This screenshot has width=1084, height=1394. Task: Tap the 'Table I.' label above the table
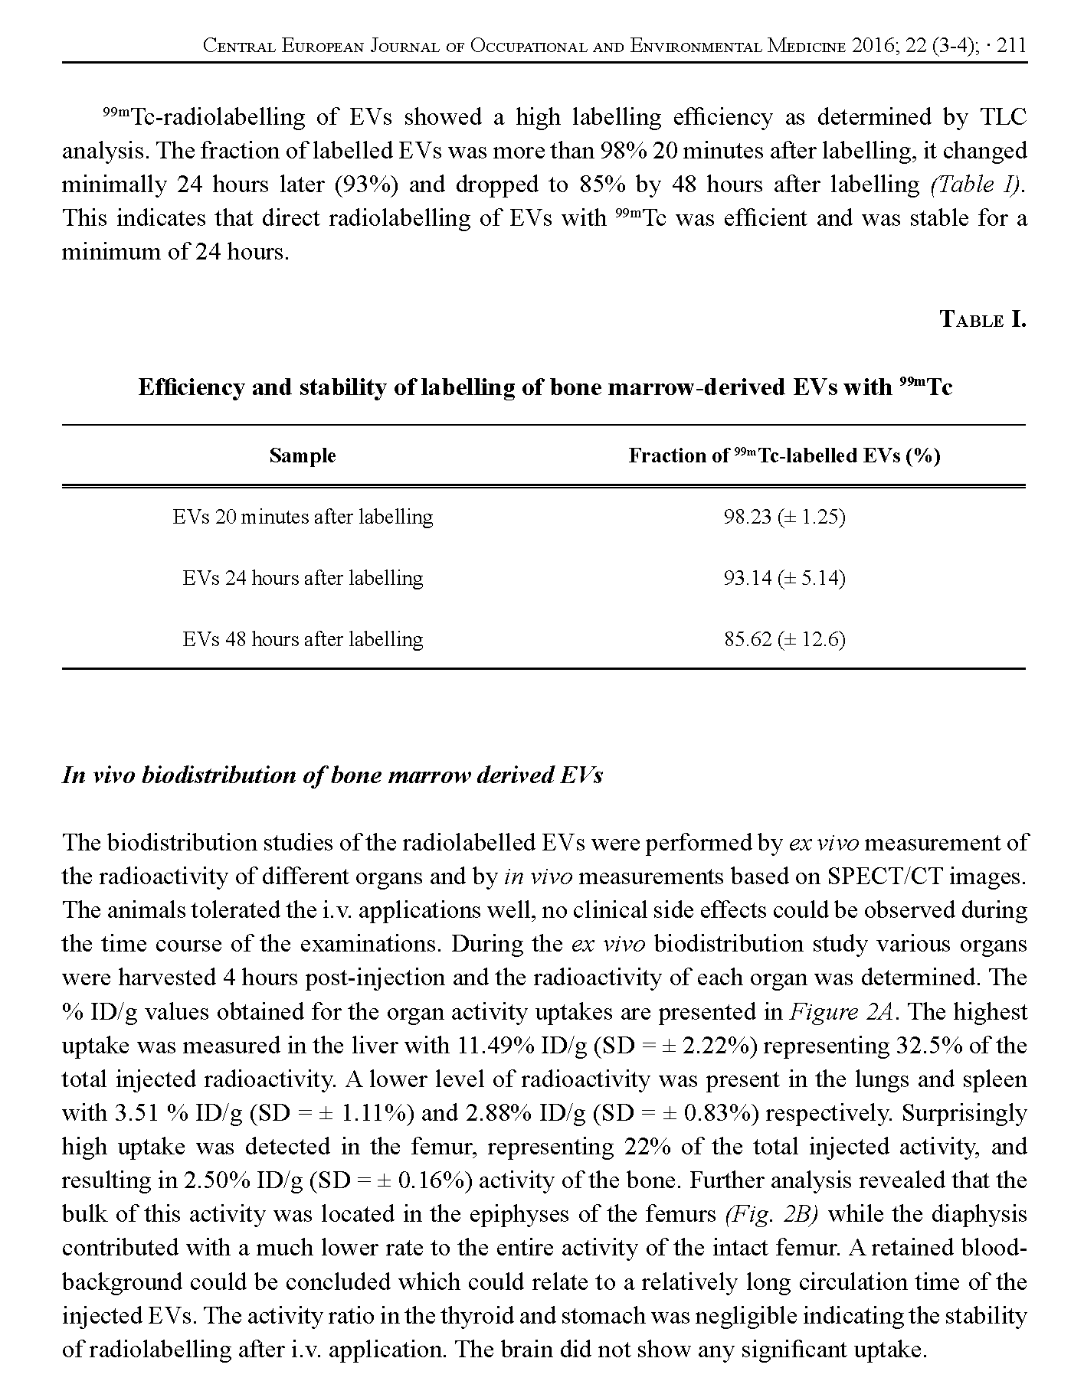coord(982,319)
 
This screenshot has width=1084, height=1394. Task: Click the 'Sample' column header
coord(303,456)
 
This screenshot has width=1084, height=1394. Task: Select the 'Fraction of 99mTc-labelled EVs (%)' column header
coord(784,456)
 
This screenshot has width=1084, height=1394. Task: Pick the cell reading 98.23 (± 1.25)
coord(784,517)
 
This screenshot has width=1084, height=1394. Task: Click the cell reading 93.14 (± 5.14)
coord(784,578)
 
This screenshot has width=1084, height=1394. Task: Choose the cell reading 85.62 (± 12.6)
coord(784,639)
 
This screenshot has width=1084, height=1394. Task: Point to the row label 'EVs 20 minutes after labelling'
coord(303,517)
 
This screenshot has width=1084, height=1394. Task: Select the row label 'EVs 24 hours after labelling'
coord(303,578)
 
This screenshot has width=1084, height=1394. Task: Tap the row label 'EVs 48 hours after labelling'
coord(303,639)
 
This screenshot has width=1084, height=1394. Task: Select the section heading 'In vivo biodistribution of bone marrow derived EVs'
coord(332,775)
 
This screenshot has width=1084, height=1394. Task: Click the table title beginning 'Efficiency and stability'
coord(545,387)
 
